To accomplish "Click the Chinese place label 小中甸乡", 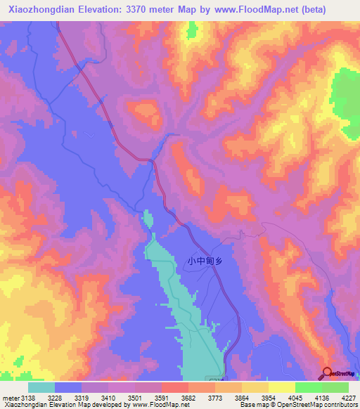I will click(x=204, y=261).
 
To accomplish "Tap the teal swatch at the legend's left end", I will click(x=41, y=387).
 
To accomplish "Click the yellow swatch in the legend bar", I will click(x=281, y=387).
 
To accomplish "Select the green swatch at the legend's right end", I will click(x=335, y=387).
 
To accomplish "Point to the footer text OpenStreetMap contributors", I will click(x=322, y=405).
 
